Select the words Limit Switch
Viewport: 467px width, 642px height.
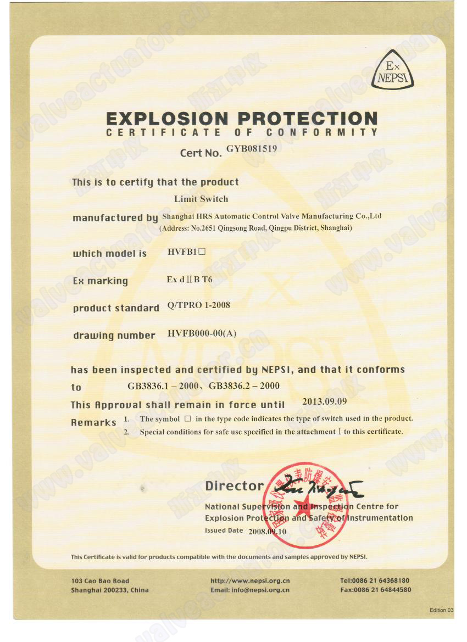[201, 199]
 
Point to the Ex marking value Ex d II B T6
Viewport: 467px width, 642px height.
[190, 280]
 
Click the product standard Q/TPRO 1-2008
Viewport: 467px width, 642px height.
[198, 305]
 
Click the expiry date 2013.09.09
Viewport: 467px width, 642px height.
[325, 401]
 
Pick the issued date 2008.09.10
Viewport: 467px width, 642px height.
[267, 532]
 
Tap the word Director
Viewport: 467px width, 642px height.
[235, 486]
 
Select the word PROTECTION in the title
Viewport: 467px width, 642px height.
[308, 119]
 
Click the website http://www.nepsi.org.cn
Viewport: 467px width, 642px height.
[250, 580]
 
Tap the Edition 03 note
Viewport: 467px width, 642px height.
[442, 610]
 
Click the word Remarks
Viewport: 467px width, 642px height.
[93, 422]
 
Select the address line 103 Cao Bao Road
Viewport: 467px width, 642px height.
[100, 580]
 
